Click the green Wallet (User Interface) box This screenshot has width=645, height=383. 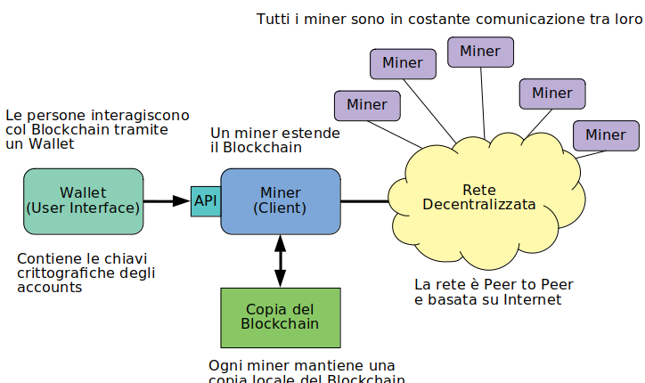(83, 201)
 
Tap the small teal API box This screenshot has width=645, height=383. (205, 201)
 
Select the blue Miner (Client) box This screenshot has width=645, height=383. (280, 201)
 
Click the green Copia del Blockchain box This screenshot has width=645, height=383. (280, 317)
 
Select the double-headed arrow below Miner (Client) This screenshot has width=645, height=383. (281, 261)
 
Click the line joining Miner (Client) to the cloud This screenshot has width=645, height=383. (364, 201)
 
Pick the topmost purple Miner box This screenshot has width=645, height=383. (479, 52)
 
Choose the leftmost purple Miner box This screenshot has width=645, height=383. (367, 105)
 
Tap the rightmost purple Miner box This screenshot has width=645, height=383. (606, 135)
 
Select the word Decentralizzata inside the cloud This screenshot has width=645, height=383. (479, 205)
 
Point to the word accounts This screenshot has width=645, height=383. (50, 289)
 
